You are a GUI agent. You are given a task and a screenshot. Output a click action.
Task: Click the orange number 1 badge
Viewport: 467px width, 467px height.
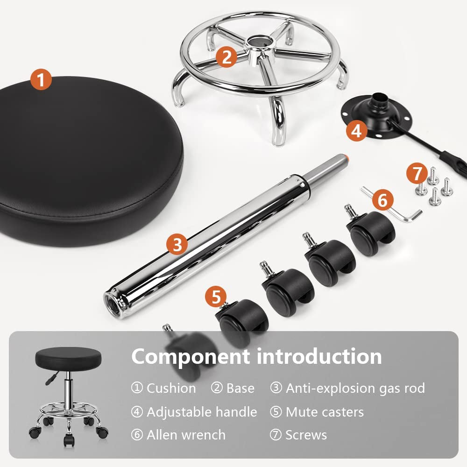[41, 80]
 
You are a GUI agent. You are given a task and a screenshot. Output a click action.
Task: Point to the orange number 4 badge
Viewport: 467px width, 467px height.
[356, 131]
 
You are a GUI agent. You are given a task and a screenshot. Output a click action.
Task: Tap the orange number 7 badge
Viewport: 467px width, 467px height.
[416, 174]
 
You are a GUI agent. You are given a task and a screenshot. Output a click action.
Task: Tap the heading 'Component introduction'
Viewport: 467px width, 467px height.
[256, 356]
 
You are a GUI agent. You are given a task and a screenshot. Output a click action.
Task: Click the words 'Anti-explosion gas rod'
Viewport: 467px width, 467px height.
[355, 388]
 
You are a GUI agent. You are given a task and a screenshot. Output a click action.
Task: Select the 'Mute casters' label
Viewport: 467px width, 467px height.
[325, 412]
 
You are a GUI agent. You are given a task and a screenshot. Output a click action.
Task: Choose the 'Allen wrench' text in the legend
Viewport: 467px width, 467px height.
[186, 435]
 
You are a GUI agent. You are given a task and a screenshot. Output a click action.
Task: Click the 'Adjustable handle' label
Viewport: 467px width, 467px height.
[202, 412]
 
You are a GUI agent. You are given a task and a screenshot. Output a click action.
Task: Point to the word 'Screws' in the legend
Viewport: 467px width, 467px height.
[306, 435]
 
